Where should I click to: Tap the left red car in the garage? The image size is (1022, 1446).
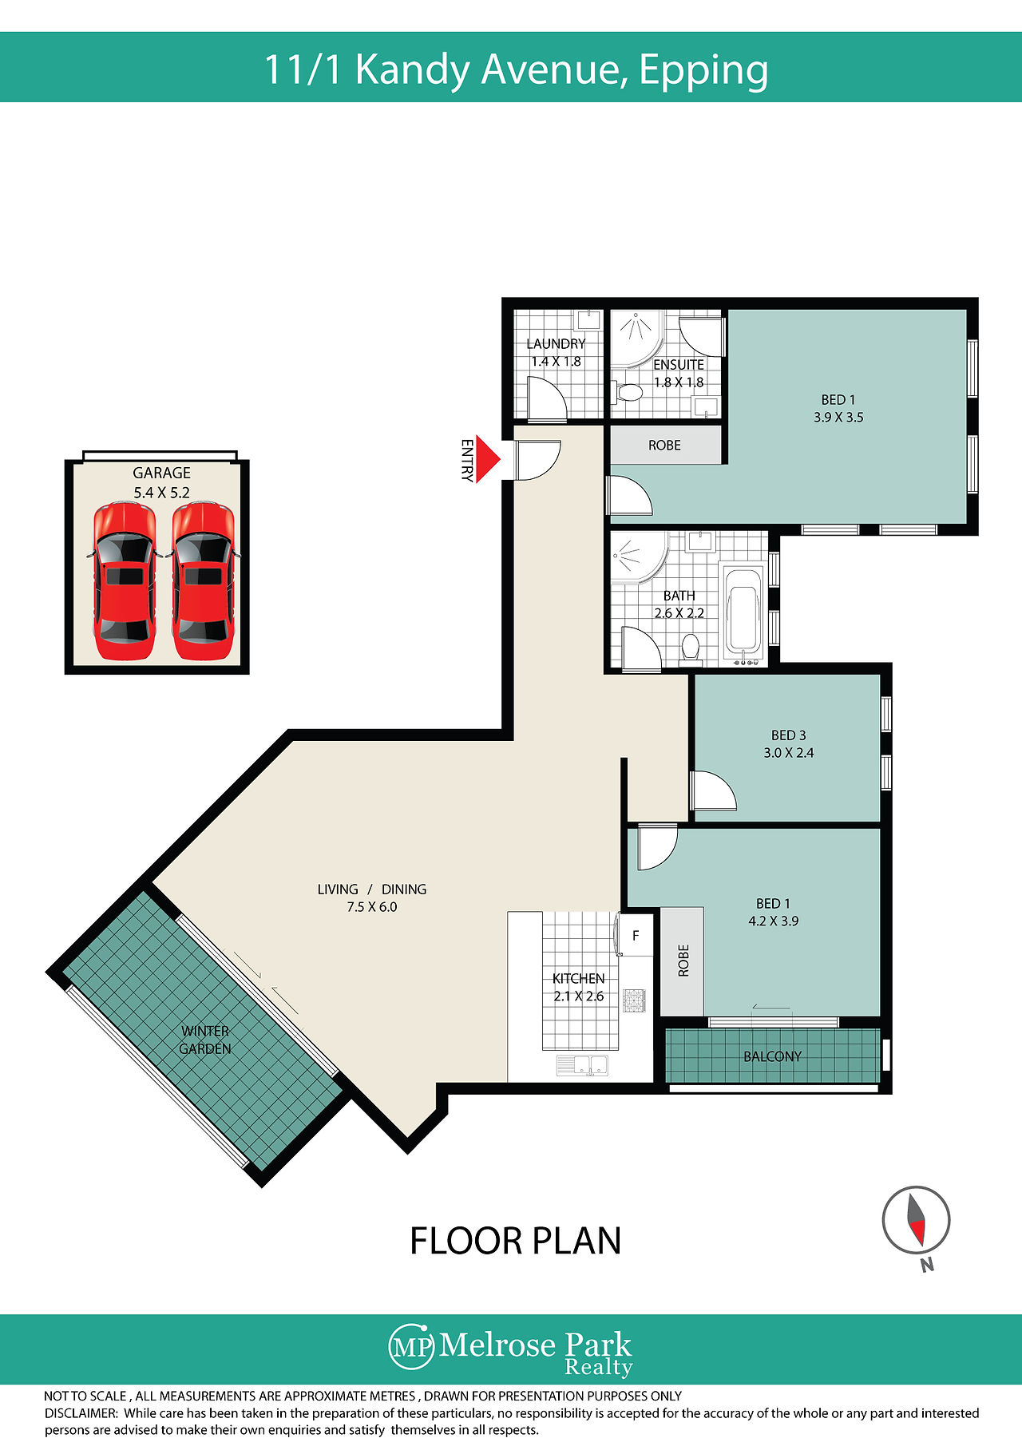tap(124, 581)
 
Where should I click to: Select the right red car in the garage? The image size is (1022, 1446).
tap(204, 581)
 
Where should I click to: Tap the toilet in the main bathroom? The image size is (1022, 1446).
tap(691, 648)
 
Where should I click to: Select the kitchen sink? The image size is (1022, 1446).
tap(582, 1064)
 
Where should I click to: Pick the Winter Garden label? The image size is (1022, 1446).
tap(205, 1040)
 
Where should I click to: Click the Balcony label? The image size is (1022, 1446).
tap(772, 1056)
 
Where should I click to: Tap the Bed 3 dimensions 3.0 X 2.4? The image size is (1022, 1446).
tap(789, 753)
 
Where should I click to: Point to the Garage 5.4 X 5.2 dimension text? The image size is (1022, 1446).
tap(161, 493)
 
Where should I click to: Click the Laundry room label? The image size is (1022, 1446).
tap(556, 343)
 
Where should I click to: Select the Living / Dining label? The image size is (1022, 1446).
tap(372, 889)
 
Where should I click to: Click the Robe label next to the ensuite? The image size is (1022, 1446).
tap(664, 446)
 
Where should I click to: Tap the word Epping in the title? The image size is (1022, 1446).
tap(703, 70)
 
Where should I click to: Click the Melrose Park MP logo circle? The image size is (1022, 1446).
tap(412, 1347)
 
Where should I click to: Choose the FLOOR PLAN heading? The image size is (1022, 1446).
tap(515, 1242)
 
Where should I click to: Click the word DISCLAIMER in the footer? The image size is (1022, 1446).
tap(81, 1412)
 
